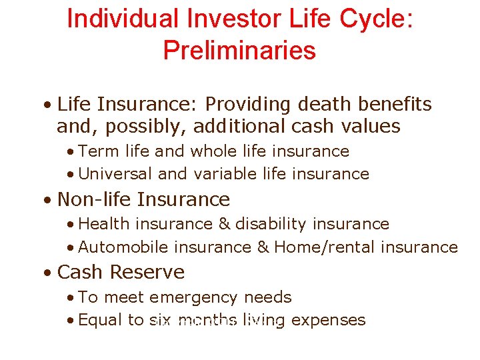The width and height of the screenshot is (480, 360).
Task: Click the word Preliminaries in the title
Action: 239,51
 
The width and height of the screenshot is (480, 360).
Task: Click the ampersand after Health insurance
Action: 225,224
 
